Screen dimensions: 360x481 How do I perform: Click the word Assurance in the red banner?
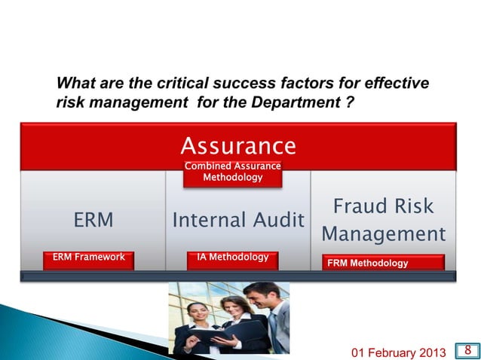point(238,145)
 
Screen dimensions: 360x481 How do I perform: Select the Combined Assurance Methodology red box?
point(233,172)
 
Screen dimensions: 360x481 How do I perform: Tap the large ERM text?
point(93,220)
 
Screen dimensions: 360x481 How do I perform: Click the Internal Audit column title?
point(238,220)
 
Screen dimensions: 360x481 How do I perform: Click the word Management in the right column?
point(384,234)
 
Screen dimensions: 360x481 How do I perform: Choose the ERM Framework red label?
point(88,258)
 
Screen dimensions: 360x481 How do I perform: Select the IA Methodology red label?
point(232,258)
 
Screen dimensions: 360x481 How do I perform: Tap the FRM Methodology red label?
point(384,263)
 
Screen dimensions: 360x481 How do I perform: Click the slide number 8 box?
point(468,349)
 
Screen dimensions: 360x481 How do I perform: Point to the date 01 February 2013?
point(399,351)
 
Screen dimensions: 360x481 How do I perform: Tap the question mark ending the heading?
point(350,101)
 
